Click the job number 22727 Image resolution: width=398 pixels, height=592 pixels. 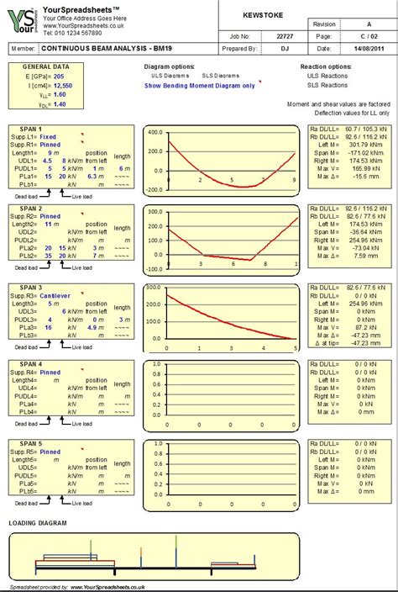(285, 36)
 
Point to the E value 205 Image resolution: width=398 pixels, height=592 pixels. (57, 76)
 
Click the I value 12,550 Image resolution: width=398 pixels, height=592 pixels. (61, 86)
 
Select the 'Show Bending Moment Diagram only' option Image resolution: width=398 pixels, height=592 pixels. (200, 86)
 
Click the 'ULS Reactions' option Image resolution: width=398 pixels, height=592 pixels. (327, 76)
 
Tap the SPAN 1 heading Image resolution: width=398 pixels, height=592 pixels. (31, 129)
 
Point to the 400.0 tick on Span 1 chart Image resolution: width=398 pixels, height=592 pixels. (153, 132)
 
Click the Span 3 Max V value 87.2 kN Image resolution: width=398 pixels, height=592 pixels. (367, 326)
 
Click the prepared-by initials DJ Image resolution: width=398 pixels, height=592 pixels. (285, 49)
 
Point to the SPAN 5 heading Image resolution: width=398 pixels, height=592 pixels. (31, 444)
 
